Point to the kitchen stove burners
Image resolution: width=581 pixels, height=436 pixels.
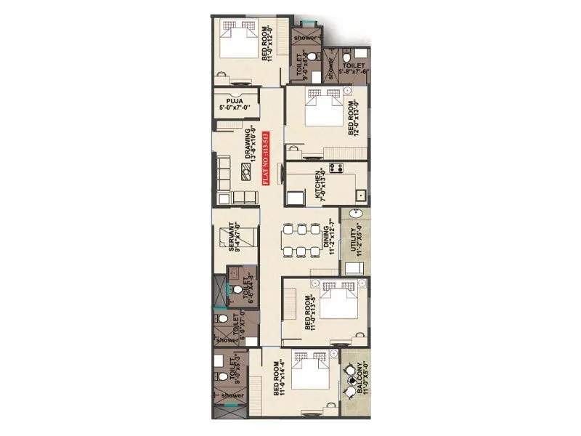pos(336,168)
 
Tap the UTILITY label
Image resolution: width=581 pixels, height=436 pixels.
pos(354,240)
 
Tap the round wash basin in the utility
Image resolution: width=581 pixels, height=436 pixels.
pos(355,214)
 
